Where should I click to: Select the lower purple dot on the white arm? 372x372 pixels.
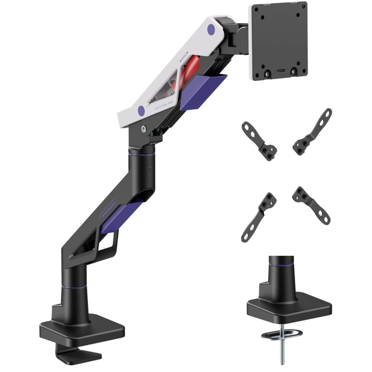click(x=141, y=110)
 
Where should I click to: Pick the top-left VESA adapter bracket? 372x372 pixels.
click(x=260, y=138)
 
